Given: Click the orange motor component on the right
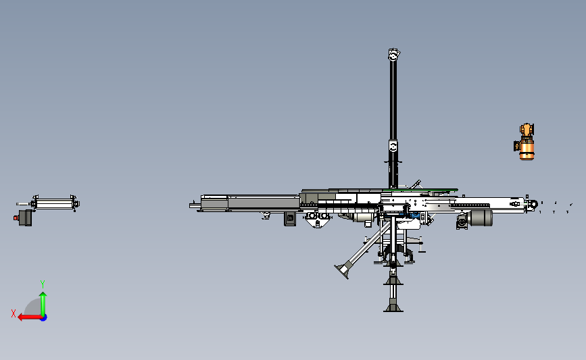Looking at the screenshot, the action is pyautogui.click(x=524, y=142).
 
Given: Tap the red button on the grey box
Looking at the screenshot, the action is pyautogui.click(x=16, y=217).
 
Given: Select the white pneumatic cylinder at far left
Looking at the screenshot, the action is pyautogui.click(x=55, y=203).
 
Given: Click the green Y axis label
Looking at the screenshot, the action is pyautogui.click(x=43, y=284).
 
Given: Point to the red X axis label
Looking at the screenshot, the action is pyautogui.click(x=14, y=313).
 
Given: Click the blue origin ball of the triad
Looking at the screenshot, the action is pyautogui.click(x=43, y=318).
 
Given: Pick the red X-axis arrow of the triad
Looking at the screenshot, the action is pyautogui.click(x=30, y=317).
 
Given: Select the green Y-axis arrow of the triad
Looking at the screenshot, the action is pyautogui.click(x=43, y=304).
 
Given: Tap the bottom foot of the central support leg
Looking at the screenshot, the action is pyautogui.click(x=393, y=308).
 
